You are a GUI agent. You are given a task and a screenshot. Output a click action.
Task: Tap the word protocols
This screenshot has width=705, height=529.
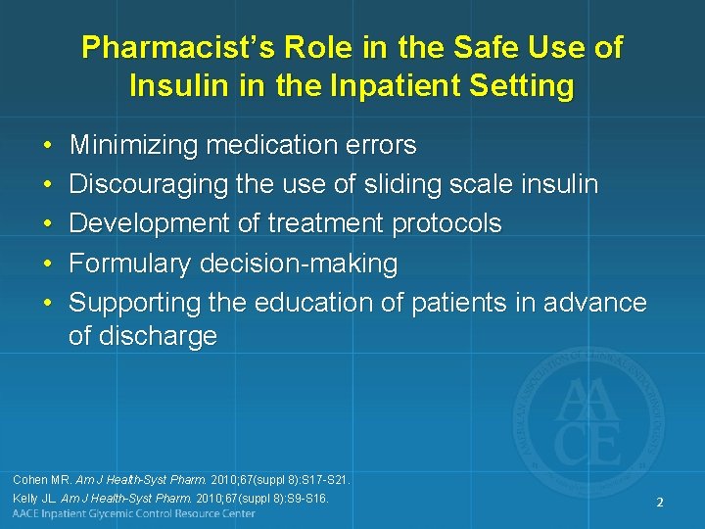click(x=446, y=224)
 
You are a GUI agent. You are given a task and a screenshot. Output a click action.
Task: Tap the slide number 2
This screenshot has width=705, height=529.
click(x=660, y=503)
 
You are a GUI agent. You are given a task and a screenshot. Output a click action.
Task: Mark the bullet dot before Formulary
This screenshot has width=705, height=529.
click(x=48, y=264)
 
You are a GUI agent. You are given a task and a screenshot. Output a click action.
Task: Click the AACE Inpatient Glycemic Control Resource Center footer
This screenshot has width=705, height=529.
click(x=134, y=514)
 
